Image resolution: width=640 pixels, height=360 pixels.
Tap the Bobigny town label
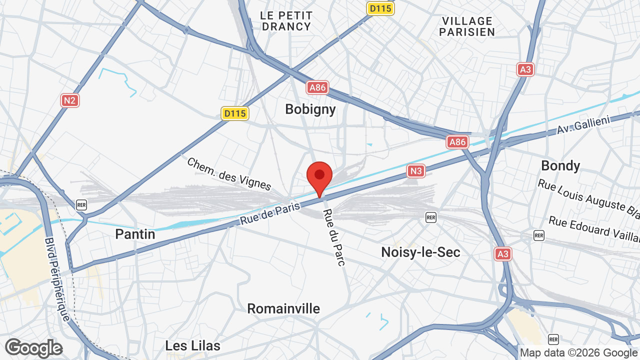310,109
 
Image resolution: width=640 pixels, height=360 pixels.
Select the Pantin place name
135,234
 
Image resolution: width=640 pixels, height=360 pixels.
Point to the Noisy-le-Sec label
420,252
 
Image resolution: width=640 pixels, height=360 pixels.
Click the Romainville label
283,308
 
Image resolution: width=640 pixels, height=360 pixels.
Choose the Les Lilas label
192,345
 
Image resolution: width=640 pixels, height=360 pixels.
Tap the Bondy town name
560,165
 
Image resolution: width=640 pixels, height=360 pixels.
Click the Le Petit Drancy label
286,21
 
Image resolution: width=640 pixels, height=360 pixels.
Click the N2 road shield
70,100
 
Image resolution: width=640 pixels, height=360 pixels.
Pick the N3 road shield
416,171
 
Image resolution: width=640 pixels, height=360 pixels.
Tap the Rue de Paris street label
270,213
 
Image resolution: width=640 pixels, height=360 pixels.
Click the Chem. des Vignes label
229,174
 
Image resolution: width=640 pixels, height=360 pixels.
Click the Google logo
33,348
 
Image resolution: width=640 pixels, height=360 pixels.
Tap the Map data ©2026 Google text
578,352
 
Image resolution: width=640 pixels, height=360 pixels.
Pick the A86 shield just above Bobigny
317,88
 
